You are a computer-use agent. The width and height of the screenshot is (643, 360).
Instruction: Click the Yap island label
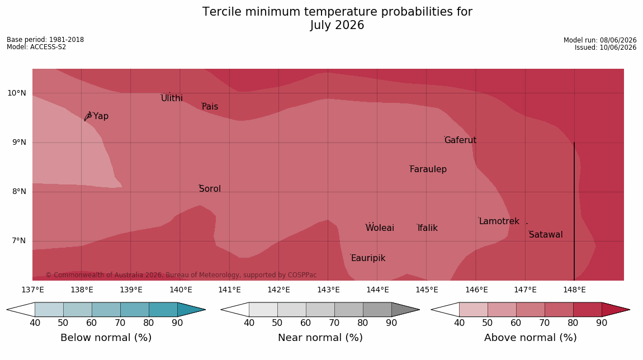tap(101, 116)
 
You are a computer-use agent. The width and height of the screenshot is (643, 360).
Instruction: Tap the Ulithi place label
tap(172, 98)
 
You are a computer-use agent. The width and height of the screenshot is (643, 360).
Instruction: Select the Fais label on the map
tap(210, 107)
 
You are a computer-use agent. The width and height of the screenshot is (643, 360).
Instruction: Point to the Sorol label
tap(210, 188)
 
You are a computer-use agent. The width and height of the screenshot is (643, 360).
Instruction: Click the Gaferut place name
tap(461, 140)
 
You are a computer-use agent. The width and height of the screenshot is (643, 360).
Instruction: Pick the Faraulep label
tap(428, 169)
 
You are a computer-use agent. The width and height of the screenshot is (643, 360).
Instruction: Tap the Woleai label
tap(380, 228)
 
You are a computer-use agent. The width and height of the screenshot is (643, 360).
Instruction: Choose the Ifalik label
tap(428, 228)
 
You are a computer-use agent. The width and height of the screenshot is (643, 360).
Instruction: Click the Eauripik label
tap(368, 258)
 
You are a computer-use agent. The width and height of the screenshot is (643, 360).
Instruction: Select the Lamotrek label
tap(499, 221)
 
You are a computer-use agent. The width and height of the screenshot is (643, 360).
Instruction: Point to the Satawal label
tap(546, 235)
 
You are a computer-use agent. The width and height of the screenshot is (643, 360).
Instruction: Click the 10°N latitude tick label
tap(17, 93)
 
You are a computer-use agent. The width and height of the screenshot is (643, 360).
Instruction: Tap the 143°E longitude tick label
tap(328, 290)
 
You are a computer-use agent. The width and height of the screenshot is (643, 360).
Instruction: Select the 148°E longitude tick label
tap(574, 290)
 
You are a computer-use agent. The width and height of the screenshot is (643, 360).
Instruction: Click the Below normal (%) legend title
tap(106, 338)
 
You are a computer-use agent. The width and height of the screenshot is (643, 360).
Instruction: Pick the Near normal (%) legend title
tap(320, 338)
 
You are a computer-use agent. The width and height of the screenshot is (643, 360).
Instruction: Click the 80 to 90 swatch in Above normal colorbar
tap(587, 310)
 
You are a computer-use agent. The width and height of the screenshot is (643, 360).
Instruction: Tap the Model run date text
tap(600, 40)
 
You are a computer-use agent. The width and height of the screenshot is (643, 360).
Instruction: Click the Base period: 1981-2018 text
tap(45, 40)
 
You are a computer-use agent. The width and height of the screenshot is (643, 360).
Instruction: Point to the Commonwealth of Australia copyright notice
tap(181, 274)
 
